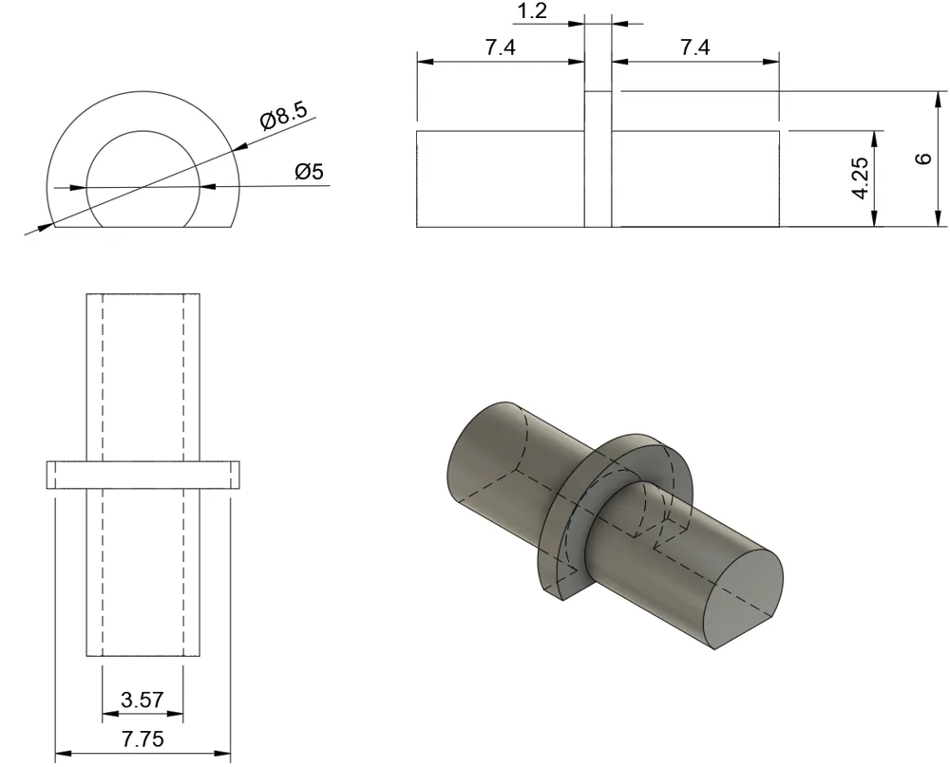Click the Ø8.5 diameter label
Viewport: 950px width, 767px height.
tap(284, 115)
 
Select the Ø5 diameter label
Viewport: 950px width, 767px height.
tap(309, 172)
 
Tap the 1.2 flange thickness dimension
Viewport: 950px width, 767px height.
tap(533, 10)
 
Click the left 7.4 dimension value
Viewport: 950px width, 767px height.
tap(501, 47)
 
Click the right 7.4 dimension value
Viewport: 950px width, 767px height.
tap(695, 47)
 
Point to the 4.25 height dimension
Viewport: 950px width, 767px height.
tap(861, 178)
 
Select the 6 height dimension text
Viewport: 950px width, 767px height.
tap(923, 159)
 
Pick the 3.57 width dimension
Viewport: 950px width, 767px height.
tap(142, 700)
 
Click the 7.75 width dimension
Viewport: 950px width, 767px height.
tap(143, 739)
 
